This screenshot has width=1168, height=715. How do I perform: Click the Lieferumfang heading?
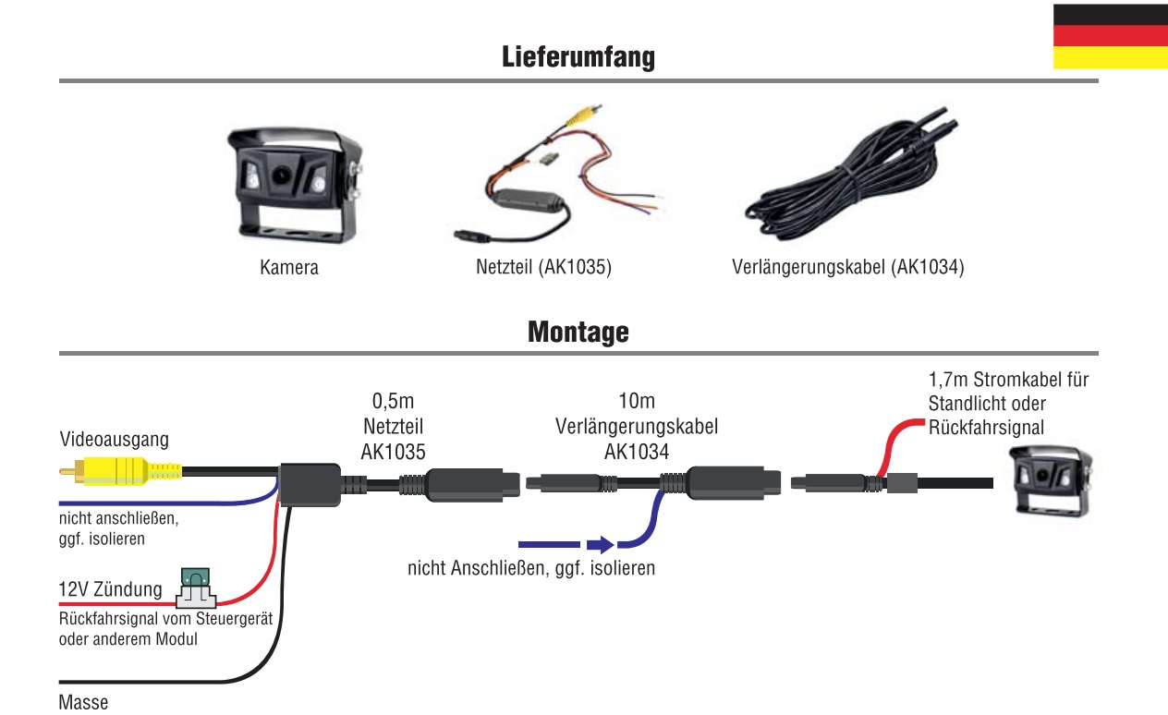[x=578, y=57]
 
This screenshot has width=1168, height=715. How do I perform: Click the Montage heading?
[x=578, y=332]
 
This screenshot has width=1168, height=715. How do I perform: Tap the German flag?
[x=1110, y=36]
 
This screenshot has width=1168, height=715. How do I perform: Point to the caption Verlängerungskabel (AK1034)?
[x=847, y=268]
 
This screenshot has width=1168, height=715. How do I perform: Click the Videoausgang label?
[x=114, y=440]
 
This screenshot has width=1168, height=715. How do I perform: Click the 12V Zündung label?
[x=110, y=589]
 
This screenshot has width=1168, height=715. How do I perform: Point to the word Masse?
[x=83, y=702]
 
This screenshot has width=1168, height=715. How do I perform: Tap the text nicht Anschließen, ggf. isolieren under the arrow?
[x=531, y=568]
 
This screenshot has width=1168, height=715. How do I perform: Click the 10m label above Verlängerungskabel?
[x=636, y=402]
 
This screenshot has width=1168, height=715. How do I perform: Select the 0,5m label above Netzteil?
[x=393, y=402]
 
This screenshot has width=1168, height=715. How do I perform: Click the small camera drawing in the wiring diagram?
[x=1051, y=479]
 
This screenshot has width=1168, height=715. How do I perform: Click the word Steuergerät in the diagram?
[x=232, y=619]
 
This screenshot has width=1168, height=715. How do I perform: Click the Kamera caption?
[x=289, y=268]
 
